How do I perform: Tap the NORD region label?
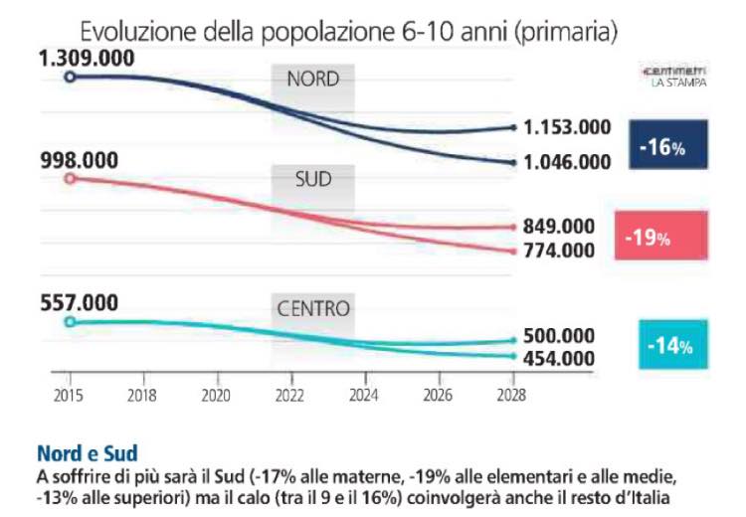point(312,80)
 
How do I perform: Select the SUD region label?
point(312,180)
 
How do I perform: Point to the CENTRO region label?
point(312,308)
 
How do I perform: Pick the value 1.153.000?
point(567,127)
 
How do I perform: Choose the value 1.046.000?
point(567,162)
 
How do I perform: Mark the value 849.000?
point(559,227)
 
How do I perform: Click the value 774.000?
point(559,252)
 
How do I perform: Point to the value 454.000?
point(559,358)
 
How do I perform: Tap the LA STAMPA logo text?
point(680,84)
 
